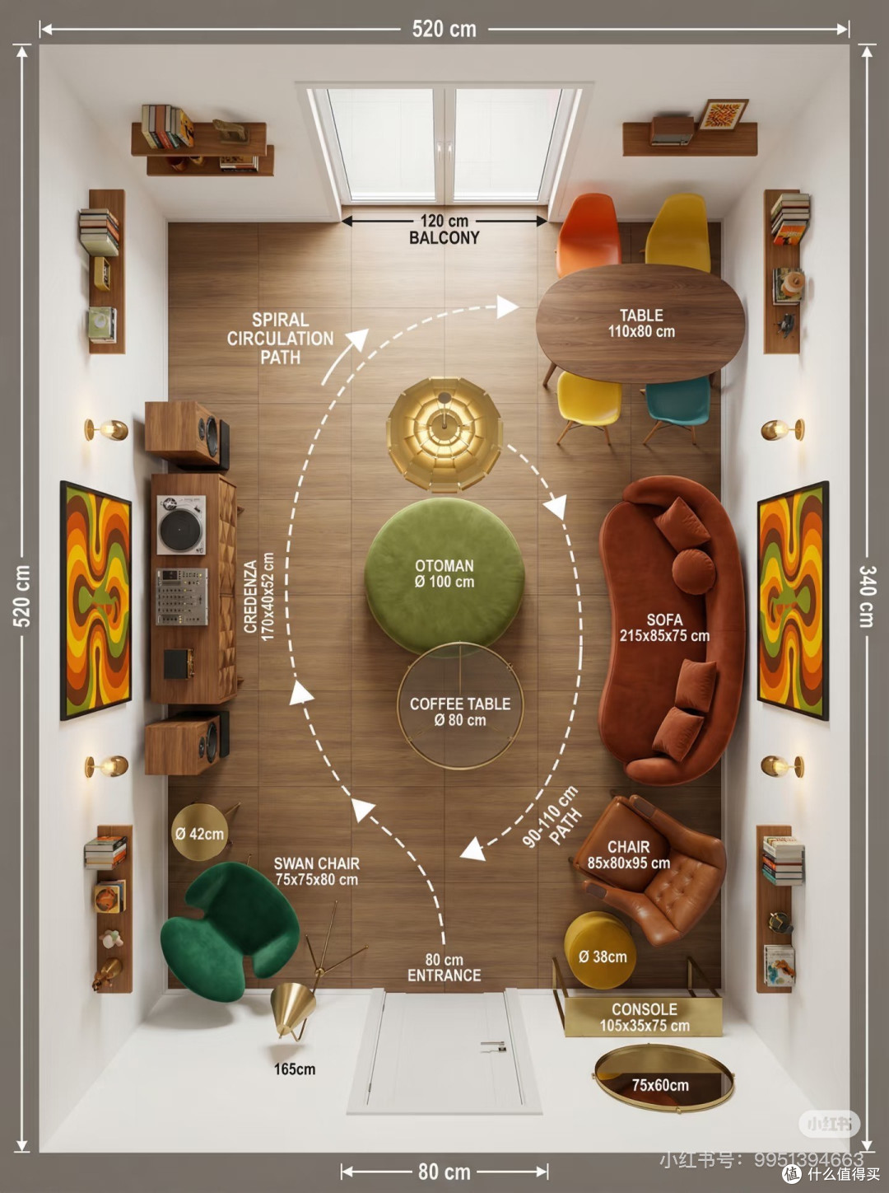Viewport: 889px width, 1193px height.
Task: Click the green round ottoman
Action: (x=444, y=576)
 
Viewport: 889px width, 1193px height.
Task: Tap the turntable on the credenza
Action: (x=181, y=525)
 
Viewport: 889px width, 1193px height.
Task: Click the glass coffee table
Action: (x=460, y=705)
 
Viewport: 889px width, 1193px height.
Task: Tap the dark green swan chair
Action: (x=231, y=929)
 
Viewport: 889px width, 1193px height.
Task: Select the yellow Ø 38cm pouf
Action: (x=599, y=957)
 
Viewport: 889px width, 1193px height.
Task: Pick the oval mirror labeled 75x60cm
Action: (x=663, y=1085)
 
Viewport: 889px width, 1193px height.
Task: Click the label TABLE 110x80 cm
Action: (x=641, y=324)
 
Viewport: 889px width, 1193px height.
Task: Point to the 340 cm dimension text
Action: (x=868, y=596)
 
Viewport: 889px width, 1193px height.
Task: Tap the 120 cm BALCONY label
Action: (x=444, y=229)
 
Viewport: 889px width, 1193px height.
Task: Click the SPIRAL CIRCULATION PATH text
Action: (x=280, y=338)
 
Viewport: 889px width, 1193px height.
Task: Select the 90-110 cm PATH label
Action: (x=552, y=818)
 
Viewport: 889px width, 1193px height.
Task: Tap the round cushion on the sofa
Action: (x=693, y=571)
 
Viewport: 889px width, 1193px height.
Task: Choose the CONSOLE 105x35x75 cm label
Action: (x=645, y=1018)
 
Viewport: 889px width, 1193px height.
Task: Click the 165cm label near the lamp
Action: (x=295, y=1069)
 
